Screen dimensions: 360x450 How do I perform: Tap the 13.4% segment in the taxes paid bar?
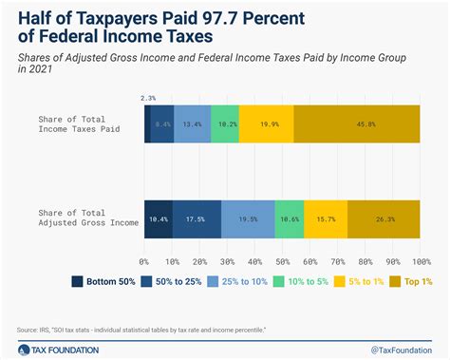coord(193,123)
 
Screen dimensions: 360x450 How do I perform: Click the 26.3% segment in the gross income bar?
coord(384,220)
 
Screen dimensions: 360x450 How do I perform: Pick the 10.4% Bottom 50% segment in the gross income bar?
coord(159,220)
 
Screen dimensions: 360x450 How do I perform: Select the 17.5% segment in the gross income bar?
coord(197,220)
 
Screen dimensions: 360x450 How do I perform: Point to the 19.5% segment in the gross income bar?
coord(248,220)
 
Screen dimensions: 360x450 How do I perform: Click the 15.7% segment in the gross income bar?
coord(326,220)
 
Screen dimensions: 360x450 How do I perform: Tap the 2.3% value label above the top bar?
coord(147,97)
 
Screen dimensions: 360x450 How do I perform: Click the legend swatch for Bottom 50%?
coord(77,281)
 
